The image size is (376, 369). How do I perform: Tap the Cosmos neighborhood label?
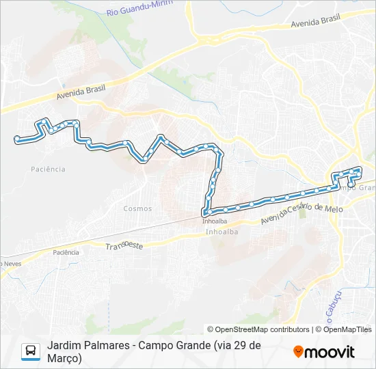[137, 208]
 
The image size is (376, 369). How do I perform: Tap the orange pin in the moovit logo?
[298, 352]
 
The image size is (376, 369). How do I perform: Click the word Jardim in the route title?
[62, 346]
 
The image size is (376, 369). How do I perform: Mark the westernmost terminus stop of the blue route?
[16, 139]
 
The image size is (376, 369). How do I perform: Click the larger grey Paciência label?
[48, 169]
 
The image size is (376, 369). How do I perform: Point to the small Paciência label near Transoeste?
[66, 252]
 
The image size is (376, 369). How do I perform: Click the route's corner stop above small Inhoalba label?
[204, 212]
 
